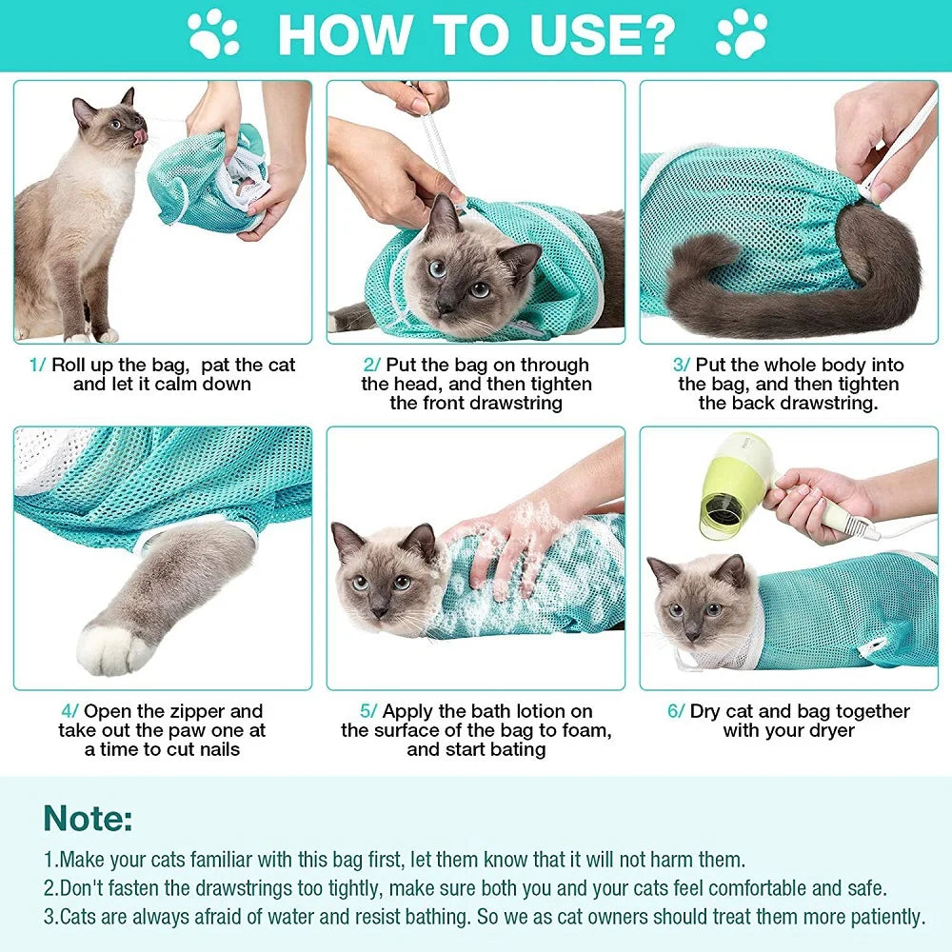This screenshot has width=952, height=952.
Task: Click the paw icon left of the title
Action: point(213,34)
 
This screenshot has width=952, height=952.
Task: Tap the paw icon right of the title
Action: point(741,34)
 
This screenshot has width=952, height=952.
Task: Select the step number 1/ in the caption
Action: point(37,365)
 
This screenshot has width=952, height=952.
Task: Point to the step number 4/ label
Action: point(69,711)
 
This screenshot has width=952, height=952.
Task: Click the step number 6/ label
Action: point(675,711)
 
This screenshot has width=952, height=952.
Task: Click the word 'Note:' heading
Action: point(88,819)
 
